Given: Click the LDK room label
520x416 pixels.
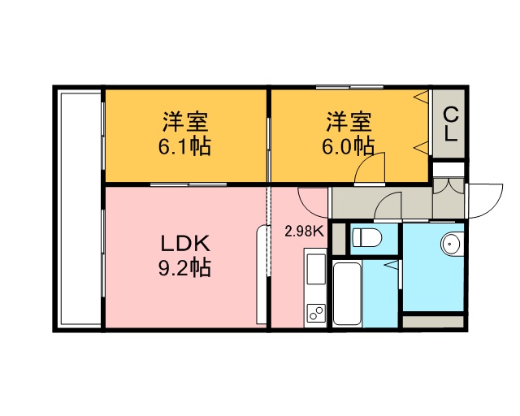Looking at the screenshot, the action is [185, 244].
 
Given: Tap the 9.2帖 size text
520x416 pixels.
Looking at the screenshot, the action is [184, 267].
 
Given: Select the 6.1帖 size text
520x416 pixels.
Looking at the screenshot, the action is [184, 146].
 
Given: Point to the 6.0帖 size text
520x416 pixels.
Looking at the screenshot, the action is [349, 146].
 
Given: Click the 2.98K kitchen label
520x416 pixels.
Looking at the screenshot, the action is [304, 232].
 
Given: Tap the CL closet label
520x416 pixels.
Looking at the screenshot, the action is [451, 124].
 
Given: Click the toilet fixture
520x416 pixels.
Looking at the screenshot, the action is [366, 237].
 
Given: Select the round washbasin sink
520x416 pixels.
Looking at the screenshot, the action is [452, 244].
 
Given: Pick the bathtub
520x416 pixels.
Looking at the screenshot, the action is [347, 293].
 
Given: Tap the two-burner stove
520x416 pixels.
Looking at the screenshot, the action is [316, 313].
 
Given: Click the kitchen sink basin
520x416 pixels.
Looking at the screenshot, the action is [316, 269].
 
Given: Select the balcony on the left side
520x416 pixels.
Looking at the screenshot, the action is [80, 209].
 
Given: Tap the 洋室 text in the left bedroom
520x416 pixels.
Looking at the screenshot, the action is [185, 122].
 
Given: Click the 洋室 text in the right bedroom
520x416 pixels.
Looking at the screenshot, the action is [349, 122].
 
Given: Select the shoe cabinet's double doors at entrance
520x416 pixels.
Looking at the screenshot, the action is [448, 186].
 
